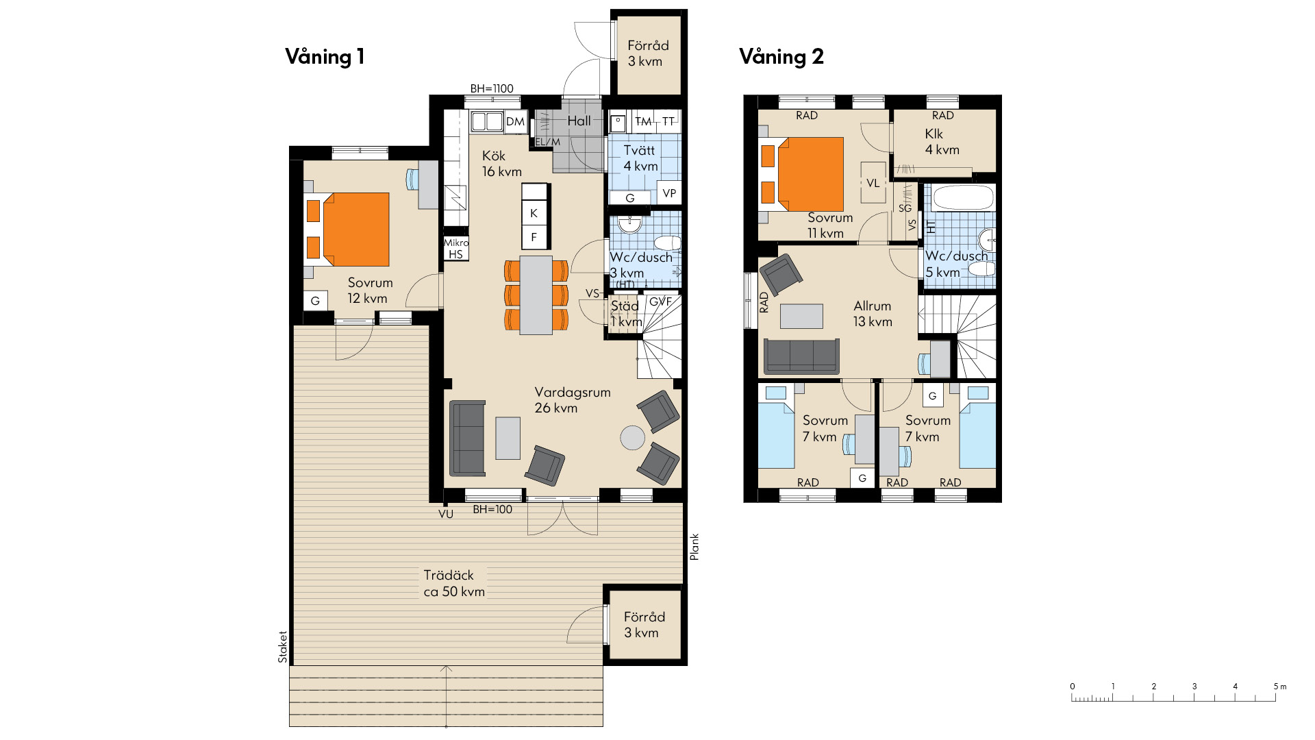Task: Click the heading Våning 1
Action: pos(325,56)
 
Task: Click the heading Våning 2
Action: pos(781,56)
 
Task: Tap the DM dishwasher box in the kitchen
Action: pos(515,122)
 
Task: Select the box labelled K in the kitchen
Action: pos(534,213)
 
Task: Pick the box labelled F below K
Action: pos(534,238)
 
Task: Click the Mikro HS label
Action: pos(455,248)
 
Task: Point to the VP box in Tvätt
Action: pos(669,193)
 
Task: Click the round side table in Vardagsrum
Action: pos(632,438)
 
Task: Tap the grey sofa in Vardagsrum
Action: pos(467,439)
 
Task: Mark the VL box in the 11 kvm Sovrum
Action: pos(873,183)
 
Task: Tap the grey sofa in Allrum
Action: pos(801,356)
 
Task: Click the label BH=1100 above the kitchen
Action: pos(492,88)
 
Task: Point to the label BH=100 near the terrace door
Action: pos(492,509)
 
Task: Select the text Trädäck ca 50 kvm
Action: pos(453,583)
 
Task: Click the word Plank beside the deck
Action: pos(694,547)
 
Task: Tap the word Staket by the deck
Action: pos(282,647)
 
